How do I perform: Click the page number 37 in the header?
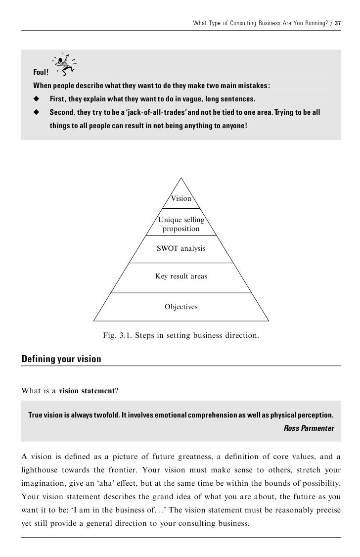338,24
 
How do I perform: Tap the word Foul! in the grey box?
41,74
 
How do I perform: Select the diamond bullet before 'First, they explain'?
36,99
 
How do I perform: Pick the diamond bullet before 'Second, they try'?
36,113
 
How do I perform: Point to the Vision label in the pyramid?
181,198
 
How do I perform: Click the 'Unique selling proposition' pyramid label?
181,224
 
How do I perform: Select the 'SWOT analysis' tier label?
181,249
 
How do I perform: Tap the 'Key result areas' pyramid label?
181,277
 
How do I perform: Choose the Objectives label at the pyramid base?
181,307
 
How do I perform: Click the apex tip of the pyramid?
181,178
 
